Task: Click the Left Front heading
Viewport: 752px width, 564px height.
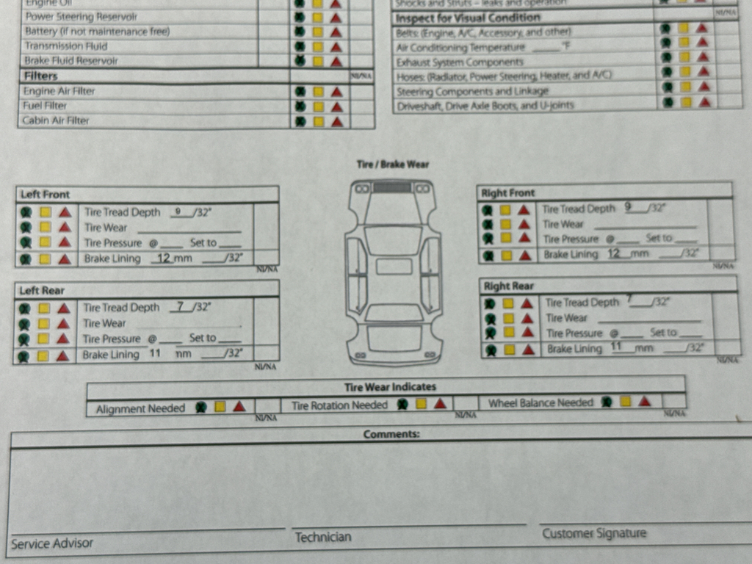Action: coord(46,195)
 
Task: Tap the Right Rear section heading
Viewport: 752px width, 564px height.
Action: coord(508,286)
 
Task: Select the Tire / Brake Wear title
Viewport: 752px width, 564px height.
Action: coord(393,164)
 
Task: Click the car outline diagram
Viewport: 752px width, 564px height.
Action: coord(393,272)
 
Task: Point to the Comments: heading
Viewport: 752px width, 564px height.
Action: coord(391,435)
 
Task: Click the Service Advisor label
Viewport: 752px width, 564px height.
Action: coord(52,544)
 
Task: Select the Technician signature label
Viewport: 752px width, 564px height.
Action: coord(323,538)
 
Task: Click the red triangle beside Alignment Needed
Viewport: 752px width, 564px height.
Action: coord(239,406)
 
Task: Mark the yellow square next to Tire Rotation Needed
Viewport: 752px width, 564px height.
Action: coord(422,404)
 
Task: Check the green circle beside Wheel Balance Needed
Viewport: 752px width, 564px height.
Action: coord(607,402)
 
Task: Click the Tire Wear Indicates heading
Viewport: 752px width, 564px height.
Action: coord(390,387)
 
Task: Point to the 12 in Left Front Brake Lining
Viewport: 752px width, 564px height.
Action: coord(164,258)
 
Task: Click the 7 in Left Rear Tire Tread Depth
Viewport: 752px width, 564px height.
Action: coord(180,307)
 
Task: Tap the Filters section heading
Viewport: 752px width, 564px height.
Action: coord(40,76)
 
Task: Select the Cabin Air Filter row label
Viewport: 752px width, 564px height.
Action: coord(56,121)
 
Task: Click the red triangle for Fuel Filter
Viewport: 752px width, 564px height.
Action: coord(336,106)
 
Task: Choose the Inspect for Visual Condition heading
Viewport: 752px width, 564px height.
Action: coord(468,18)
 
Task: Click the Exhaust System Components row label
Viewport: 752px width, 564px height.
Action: coord(460,62)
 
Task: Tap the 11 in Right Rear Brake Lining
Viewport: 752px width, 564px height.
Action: coord(616,347)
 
